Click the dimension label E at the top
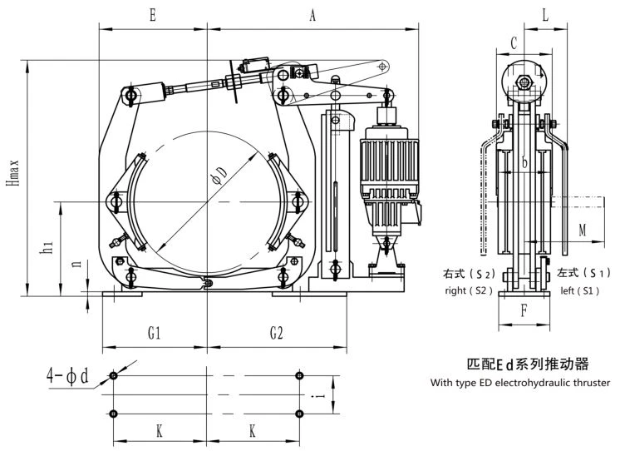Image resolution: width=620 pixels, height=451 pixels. [153, 15]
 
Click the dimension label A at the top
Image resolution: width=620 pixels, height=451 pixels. [312, 15]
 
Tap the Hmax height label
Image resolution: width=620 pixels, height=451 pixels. [13, 173]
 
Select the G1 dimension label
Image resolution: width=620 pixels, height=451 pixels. [155, 333]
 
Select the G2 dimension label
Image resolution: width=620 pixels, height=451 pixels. [277, 333]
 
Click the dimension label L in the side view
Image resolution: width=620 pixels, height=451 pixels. [546, 15]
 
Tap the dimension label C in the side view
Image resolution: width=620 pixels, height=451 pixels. [514, 42]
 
